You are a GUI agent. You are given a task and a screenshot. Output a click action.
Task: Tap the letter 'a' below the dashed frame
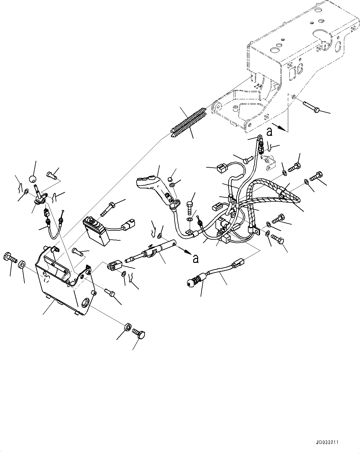[x=269, y=132]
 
